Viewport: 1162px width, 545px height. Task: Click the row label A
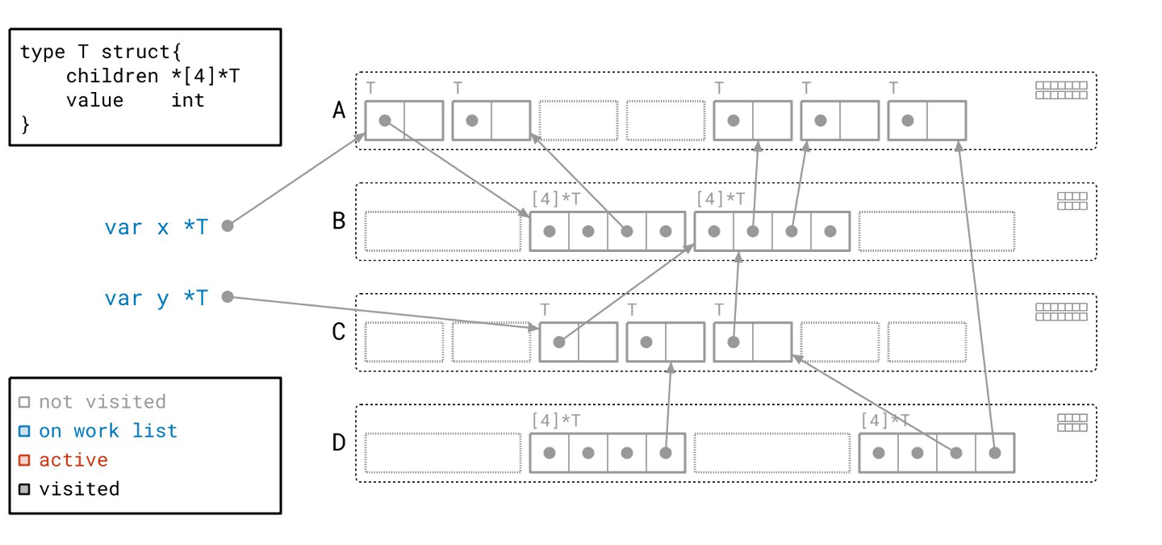[x=339, y=110]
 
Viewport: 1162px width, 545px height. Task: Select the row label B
[x=339, y=220]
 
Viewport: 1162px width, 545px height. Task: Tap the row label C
[x=339, y=332]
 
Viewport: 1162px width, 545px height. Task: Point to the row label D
[x=339, y=442]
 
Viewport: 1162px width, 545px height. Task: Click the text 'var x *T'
[x=156, y=227]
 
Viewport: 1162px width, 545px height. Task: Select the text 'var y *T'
[x=156, y=298]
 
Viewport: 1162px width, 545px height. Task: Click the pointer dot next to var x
[x=228, y=226]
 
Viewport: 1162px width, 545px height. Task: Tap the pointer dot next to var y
[x=228, y=297]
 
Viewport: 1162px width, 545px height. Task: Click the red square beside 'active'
[x=24, y=460]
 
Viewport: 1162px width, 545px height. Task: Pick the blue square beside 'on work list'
[x=24, y=431]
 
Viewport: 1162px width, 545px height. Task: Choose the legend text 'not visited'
[x=102, y=401]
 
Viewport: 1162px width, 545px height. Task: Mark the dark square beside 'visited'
[x=24, y=489]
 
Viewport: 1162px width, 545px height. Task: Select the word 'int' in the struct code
[x=188, y=100]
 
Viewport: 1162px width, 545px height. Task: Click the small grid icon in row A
[x=1061, y=90]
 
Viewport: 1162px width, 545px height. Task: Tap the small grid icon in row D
[x=1072, y=423]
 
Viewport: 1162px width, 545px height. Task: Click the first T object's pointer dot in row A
[x=385, y=120]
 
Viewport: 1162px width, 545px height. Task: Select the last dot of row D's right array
[x=995, y=453]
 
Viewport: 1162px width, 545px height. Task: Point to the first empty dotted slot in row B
[x=442, y=231]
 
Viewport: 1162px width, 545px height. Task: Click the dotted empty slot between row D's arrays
[x=771, y=453]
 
